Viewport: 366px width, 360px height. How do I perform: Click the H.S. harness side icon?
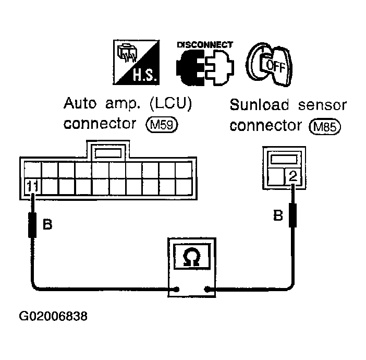tap(136, 63)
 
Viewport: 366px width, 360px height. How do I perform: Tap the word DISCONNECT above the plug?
tap(205, 45)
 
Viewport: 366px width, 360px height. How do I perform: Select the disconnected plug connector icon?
tap(205, 67)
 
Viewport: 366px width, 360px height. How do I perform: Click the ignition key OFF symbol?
tap(269, 65)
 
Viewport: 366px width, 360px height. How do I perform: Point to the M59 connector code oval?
tap(162, 125)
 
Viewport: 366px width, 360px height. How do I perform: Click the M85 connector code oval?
tap(325, 127)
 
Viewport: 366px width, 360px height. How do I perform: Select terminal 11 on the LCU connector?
tap(32, 186)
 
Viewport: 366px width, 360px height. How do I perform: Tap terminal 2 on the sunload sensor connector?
tap(293, 176)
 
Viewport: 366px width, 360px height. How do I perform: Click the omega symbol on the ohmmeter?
tap(191, 257)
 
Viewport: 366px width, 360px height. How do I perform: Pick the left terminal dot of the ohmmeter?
tap(177, 290)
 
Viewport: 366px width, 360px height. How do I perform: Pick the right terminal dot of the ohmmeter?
tap(206, 290)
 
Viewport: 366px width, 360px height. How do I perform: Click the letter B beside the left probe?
tap(47, 224)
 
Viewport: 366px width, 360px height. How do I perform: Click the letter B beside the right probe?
tap(278, 215)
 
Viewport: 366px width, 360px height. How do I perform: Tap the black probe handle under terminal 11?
tap(32, 225)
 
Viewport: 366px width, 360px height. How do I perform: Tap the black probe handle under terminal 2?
tap(292, 215)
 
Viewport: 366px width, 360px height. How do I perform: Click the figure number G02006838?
tap(53, 316)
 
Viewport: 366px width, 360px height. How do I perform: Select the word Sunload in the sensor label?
tap(259, 105)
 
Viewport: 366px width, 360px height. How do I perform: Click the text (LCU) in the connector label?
tap(170, 103)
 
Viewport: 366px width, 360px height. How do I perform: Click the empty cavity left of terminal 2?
tap(276, 177)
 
